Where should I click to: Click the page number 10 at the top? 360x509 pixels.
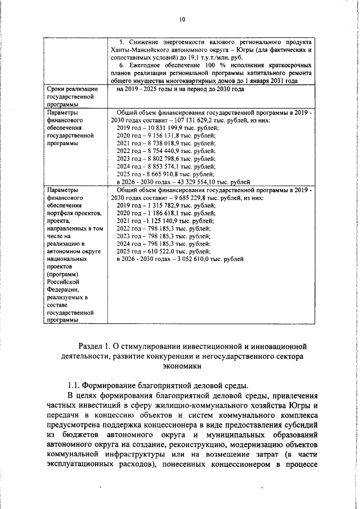[x=182, y=20]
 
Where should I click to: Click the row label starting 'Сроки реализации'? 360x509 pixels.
[x=73, y=89]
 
